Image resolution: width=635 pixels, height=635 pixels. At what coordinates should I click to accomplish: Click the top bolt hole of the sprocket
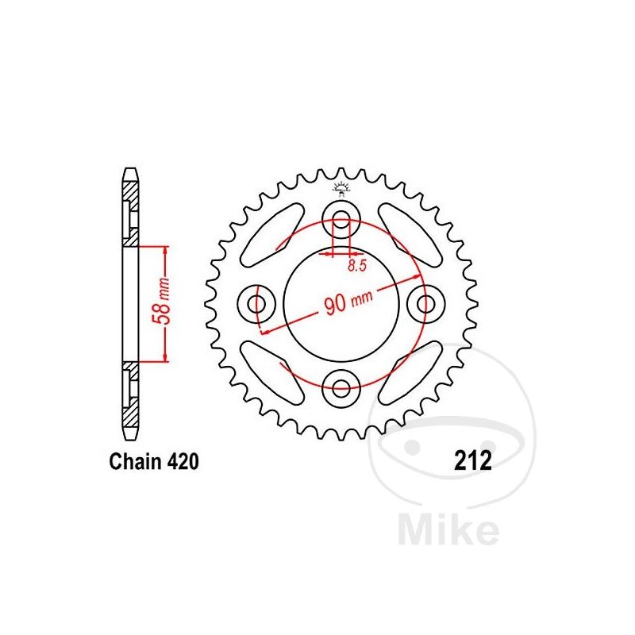342,220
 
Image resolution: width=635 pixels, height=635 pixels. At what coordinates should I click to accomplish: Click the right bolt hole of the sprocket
427,303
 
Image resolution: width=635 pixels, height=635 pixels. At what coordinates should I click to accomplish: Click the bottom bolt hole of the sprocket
342,387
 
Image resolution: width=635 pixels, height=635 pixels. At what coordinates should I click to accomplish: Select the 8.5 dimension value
357,267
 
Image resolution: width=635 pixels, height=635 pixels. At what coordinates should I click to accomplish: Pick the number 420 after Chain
175,461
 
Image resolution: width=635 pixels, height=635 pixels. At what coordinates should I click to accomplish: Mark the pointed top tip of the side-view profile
129,169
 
